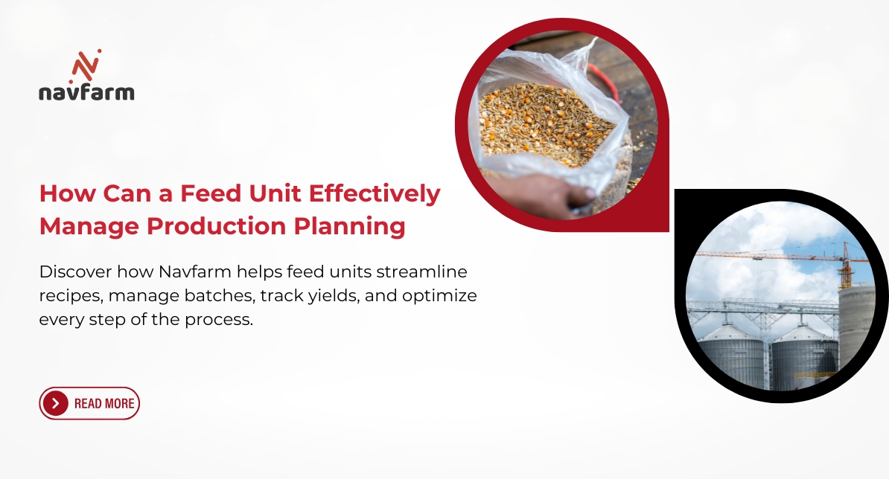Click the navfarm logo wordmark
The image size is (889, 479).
pyautogui.click(x=86, y=92)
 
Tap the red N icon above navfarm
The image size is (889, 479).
pyautogui.click(x=86, y=65)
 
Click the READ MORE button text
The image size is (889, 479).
pyautogui.click(x=104, y=404)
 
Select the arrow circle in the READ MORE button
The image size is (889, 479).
pyautogui.click(x=56, y=404)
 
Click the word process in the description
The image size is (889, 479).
pyautogui.click(x=223, y=321)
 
